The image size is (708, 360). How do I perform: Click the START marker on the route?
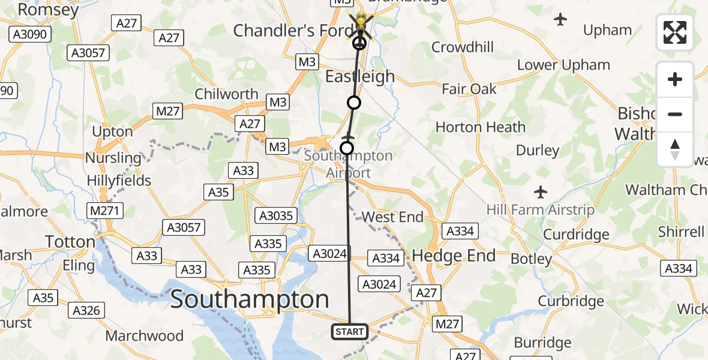[x=349, y=331]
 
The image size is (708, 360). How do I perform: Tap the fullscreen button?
[x=675, y=32]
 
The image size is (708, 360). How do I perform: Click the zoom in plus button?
[x=675, y=79]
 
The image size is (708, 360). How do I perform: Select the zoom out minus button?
[x=675, y=114]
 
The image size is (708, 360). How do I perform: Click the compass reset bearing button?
[x=675, y=149]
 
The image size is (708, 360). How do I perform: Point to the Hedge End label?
[x=454, y=256]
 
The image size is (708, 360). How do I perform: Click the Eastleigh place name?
[x=360, y=77]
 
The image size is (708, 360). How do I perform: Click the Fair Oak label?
[x=469, y=89]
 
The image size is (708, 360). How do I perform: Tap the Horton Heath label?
[x=480, y=127]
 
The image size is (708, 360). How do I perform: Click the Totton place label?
[x=71, y=242]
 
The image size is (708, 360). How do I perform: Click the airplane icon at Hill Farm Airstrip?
[x=541, y=193]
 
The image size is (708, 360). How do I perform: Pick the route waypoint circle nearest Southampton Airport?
[x=347, y=148]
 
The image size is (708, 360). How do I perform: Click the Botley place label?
[x=532, y=259]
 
